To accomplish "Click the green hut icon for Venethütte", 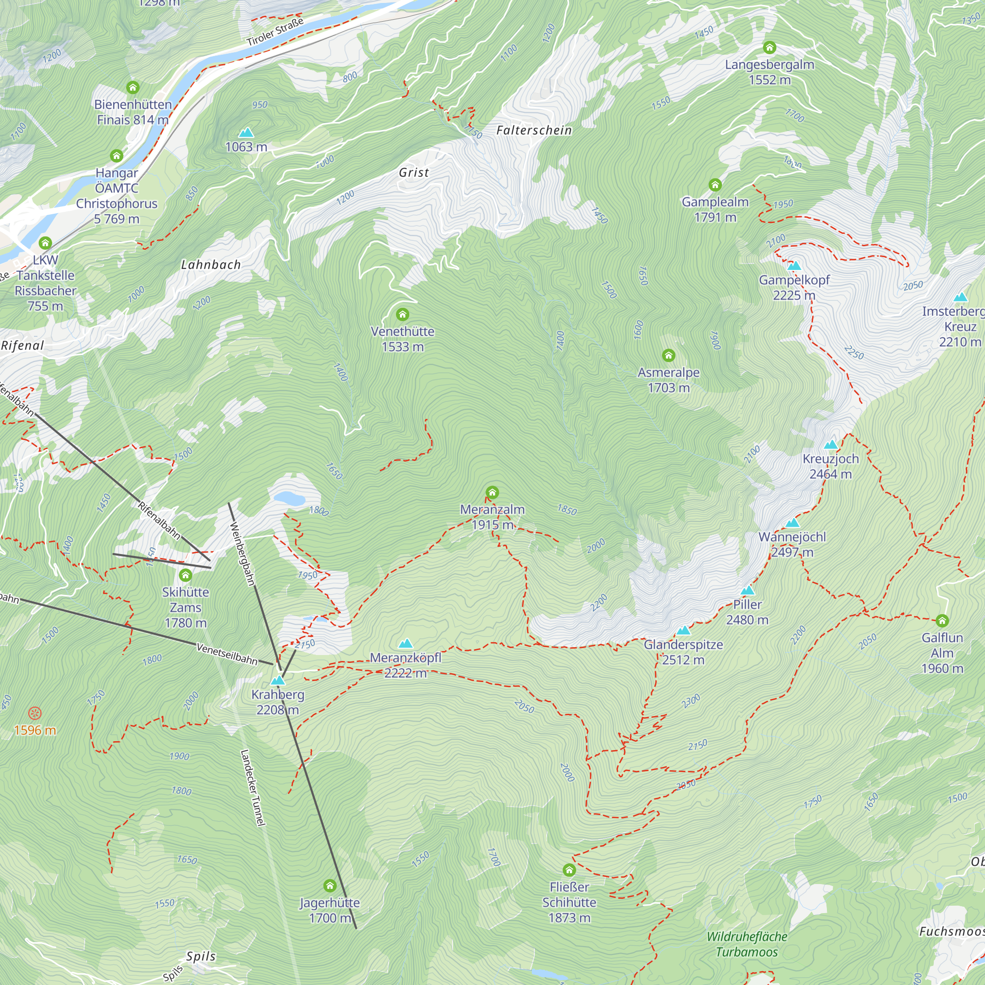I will coord(402,314).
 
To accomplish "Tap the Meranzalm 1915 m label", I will coord(492,517).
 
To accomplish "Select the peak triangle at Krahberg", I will coord(277,680).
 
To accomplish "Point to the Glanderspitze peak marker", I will coord(683,631).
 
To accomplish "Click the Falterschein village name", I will coord(534,131).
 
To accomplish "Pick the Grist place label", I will coord(414,172).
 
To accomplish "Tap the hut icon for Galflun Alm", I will coord(942,621).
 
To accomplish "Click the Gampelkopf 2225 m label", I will coord(794,288).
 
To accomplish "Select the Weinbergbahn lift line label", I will coord(242,554).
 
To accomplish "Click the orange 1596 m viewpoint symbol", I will coord(34,713).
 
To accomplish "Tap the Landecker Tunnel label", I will coord(253,788).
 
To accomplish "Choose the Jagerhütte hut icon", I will coord(330,886).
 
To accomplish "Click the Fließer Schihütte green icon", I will coord(569,870).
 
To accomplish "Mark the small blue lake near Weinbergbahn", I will coord(289,498).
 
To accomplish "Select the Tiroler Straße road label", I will coord(275,31).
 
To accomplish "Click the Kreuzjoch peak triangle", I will coord(830,445).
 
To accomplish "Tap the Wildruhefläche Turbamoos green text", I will coord(747,944).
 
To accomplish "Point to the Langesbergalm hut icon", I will coord(769,47).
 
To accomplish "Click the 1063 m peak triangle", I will coord(246,132).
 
